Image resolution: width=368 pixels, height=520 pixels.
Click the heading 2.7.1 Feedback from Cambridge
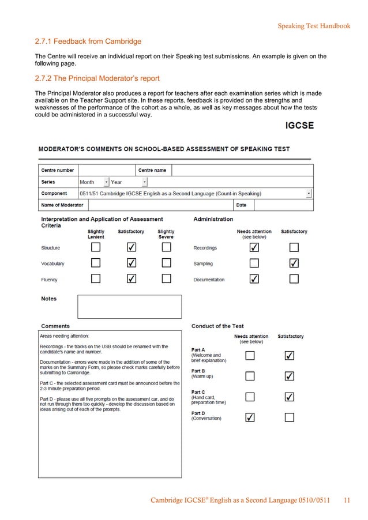click(x=88, y=42)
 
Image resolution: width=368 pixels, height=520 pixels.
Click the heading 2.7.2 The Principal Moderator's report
click(x=97, y=79)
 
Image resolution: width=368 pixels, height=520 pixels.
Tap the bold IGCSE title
click(x=300, y=126)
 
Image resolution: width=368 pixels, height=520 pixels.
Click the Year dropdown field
click(x=128, y=182)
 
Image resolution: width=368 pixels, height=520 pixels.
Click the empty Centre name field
click(x=242, y=171)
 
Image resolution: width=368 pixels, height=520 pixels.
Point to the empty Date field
click(x=283, y=205)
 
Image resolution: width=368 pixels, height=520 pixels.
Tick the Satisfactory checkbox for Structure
click(x=132, y=247)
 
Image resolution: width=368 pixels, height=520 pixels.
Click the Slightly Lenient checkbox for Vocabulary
click(x=96, y=263)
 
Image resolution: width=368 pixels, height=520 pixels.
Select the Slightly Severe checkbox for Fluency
click(x=166, y=279)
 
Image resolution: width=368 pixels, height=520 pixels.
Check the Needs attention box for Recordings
click(x=254, y=247)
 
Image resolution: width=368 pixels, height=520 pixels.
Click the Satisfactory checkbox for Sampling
click(x=294, y=263)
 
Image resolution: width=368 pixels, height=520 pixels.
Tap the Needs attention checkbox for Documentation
click(x=254, y=279)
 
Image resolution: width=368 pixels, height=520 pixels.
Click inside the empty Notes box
click(x=129, y=307)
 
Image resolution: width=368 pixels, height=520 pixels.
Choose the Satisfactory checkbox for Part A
click(x=290, y=356)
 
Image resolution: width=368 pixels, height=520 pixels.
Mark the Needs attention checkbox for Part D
click(x=250, y=417)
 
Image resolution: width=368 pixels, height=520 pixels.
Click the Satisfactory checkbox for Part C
click(x=290, y=397)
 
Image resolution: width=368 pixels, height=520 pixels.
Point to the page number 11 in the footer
click(x=347, y=500)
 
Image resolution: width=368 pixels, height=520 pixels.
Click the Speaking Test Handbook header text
click(x=314, y=26)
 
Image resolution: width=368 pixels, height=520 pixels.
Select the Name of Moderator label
click(x=62, y=205)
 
